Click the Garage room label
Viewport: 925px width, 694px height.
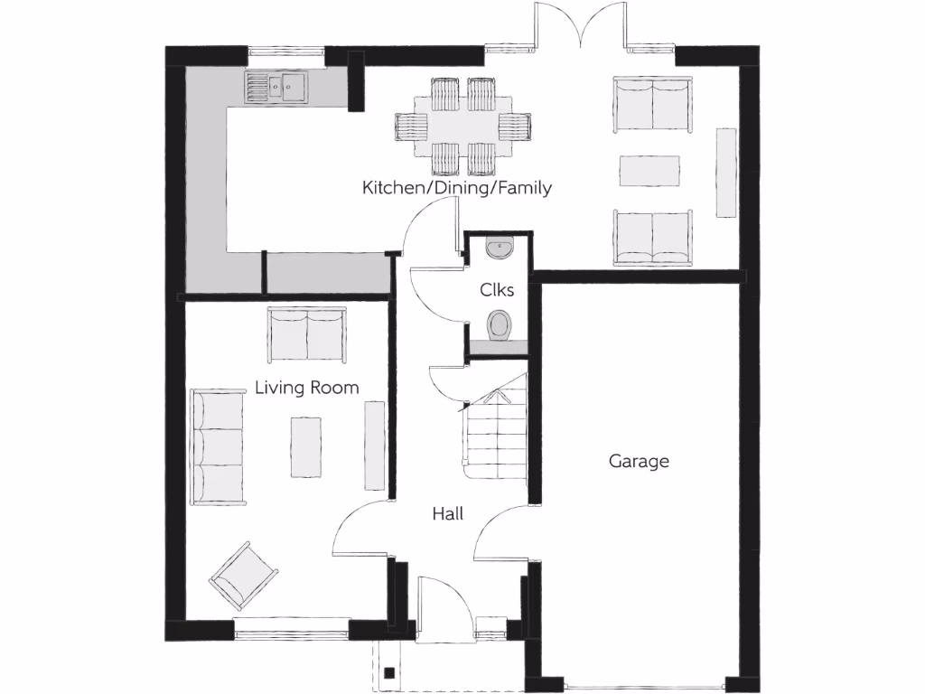pyautogui.click(x=639, y=461)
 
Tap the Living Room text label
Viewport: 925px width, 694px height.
pyautogui.click(x=306, y=388)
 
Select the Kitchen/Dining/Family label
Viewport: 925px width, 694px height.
pyautogui.click(x=456, y=188)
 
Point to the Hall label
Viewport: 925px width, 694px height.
pyautogui.click(x=447, y=513)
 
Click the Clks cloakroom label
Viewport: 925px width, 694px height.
pyautogui.click(x=497, y=290)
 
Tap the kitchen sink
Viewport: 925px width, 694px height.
pyautogui.click(x=276, y=87)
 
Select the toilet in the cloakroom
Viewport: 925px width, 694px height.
pyautogui.click(x=500, y=324)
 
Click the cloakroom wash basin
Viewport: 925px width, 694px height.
pyautogui.click(x=499, y=246)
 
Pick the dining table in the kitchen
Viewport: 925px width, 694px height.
pyautogui.click(x=462, y=127)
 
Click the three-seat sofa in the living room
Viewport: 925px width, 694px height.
pyautogui.click(x=218, y=447)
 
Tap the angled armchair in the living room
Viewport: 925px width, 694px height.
pyautogui.click(x=243, y=575)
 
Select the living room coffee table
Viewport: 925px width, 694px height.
pyautogui.click(x=306, y=446)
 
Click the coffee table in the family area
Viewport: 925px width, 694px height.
pyautogui.click(x=649, y=171)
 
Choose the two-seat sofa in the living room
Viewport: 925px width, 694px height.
pyautogui.click(x=306, y=334)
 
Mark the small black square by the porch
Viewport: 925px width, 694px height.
pyautogui.click(x=388, y=672)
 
